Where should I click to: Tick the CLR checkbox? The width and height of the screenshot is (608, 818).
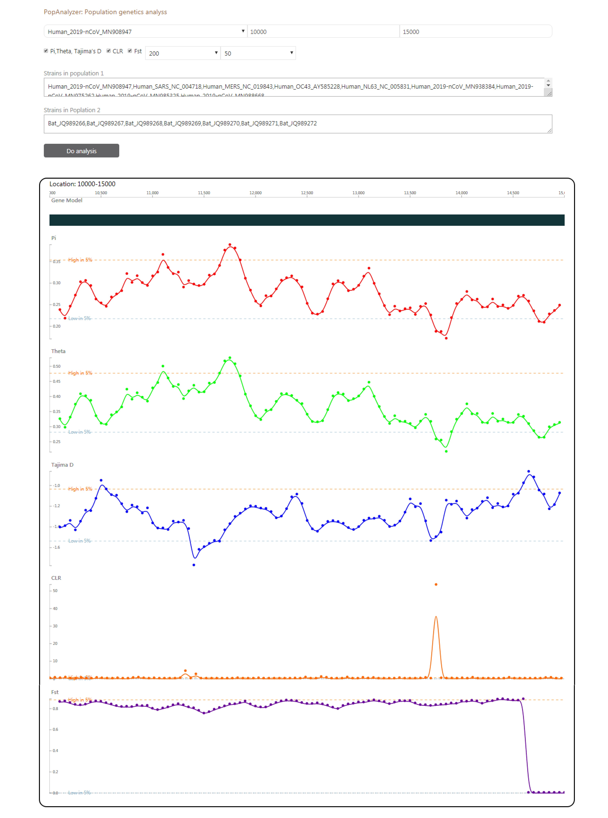pos(109,51)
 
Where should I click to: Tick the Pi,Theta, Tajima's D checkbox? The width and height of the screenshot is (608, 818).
pos(46,51)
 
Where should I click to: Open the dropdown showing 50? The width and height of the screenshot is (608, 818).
pos(258,53)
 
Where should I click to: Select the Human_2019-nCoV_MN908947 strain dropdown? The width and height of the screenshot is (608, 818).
pos(145,32)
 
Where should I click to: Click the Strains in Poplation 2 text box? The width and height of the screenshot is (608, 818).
pos(297,124)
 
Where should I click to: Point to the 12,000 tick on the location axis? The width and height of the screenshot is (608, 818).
pos(255,193)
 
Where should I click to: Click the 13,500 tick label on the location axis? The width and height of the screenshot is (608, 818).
pos(410,193)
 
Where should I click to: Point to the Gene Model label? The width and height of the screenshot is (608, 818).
pos(67,200)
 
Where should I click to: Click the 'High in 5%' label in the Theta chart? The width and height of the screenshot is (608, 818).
pos(80,373)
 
